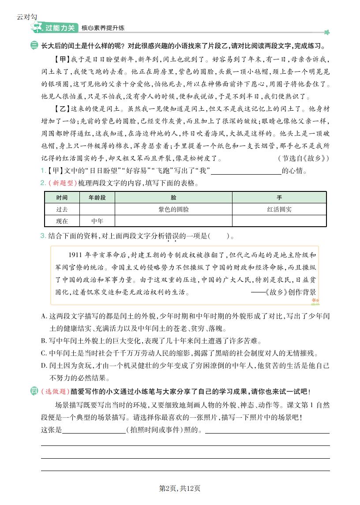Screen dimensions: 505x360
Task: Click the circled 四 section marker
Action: point(34,391)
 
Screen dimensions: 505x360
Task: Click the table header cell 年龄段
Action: point(97,198)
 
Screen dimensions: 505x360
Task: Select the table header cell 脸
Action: point(173,198)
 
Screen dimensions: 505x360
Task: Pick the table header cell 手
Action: point(279,198)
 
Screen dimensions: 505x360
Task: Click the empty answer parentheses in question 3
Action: point(219,236)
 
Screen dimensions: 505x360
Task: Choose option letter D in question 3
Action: point(44,366)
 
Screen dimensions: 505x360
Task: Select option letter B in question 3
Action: point(44,341)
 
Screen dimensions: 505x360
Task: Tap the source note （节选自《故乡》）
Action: point(304,158)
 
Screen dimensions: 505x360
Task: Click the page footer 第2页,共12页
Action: point(180,488)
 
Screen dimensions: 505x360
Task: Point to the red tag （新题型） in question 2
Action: point(62,183)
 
